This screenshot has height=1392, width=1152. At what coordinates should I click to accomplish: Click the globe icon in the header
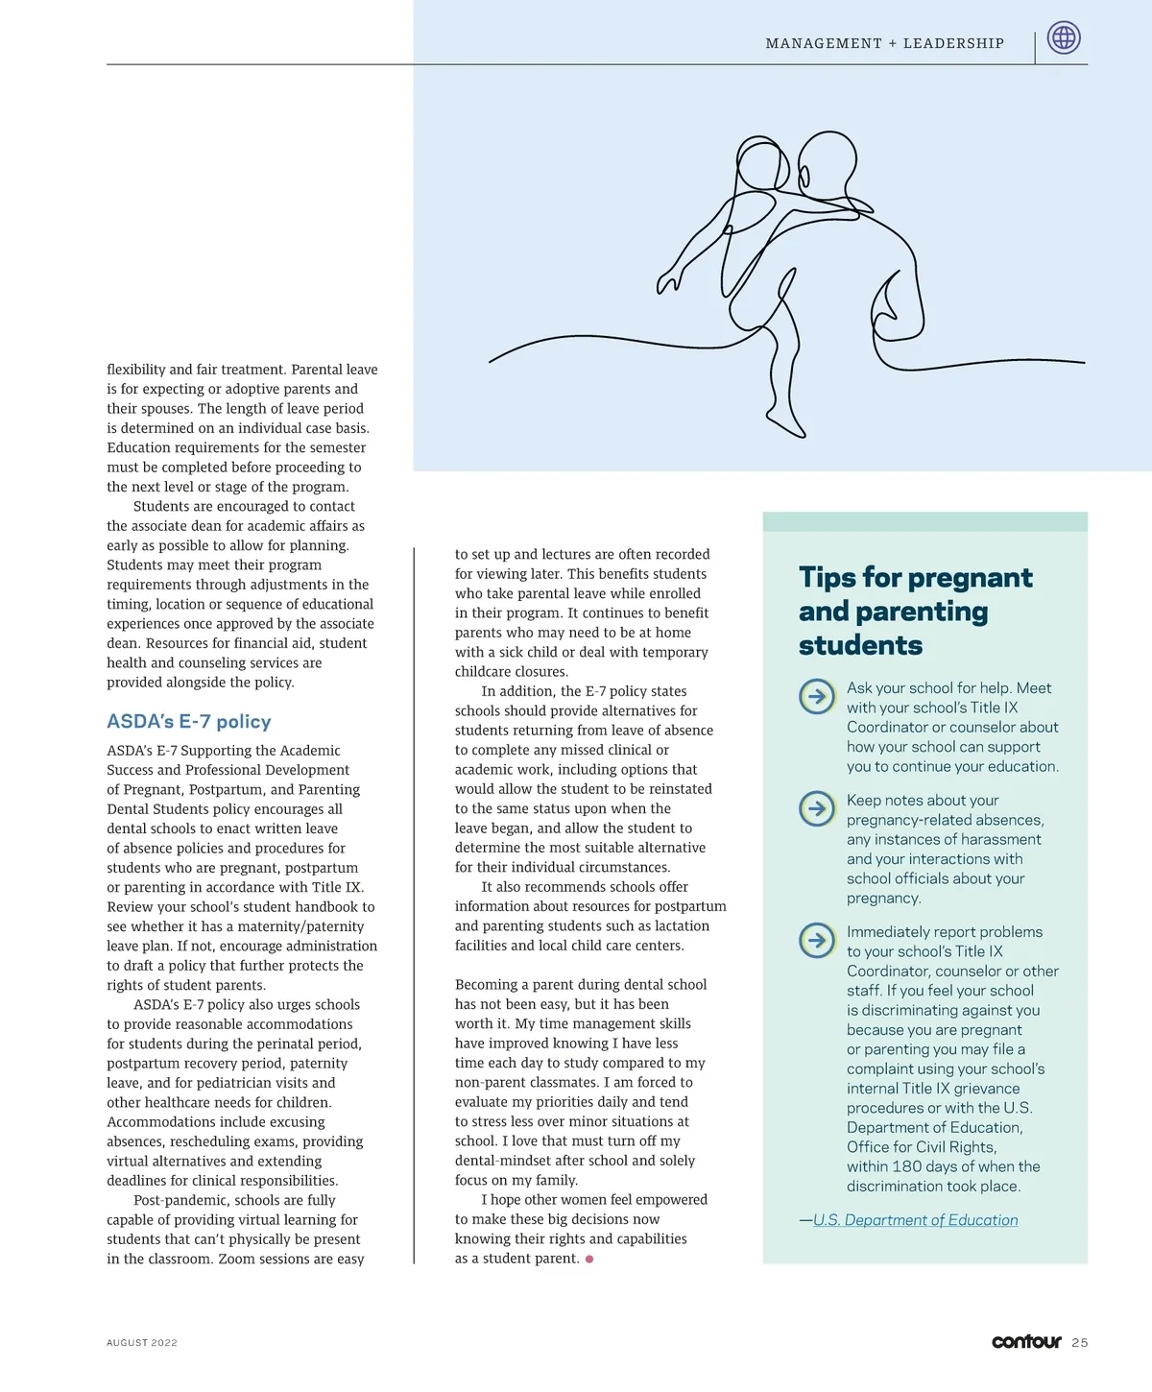tap(1064, 38)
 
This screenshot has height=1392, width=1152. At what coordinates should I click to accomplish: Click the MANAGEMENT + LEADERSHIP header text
tap(884, 43)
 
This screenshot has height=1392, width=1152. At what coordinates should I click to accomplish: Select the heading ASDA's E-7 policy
tap(189, 722)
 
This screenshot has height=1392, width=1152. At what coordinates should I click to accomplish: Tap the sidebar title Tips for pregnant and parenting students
tap(915, 611)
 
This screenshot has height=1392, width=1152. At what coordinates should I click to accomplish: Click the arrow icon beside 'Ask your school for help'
tap(817, 696)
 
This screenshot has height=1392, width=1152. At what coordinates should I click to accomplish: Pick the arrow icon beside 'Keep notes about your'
tap(817, 808)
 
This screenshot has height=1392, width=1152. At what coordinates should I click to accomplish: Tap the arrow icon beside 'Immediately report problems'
tap(817, 940)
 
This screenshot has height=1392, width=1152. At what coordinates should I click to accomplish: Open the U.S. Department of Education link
tap(915, 1220)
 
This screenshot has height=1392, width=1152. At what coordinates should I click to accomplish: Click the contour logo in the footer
tap(1026, 1341)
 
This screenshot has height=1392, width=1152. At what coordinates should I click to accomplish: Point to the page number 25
tap(1080, 1343)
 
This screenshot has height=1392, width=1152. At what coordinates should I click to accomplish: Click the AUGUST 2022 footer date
tap(142, 1343)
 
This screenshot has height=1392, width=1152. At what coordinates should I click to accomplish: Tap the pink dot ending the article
tap(589, 1259)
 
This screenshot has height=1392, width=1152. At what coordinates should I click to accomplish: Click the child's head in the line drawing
tap(761, 165)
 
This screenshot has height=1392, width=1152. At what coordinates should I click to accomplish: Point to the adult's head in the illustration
tap(827, 163)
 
